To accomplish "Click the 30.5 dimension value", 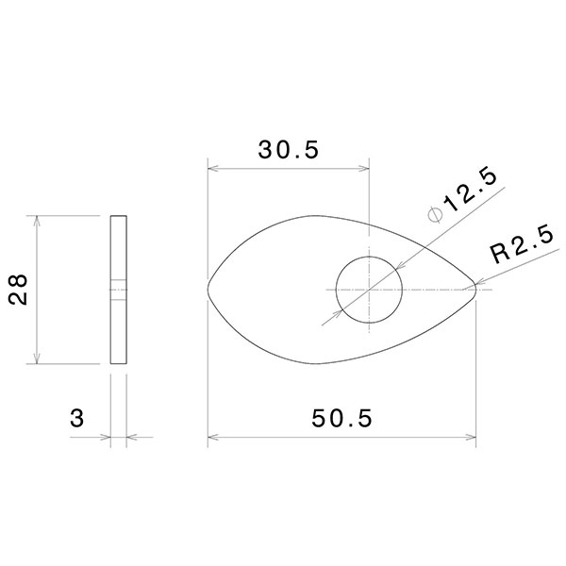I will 289,149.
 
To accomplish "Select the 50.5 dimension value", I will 341,416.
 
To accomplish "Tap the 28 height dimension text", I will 18,291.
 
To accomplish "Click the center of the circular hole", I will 369,289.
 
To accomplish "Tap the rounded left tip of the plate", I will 209,289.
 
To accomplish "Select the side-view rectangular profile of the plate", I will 118,290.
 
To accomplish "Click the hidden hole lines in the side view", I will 118,290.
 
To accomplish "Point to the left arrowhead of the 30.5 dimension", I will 212,170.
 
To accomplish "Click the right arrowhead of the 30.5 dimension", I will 364,170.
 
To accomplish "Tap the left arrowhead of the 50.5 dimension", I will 212,438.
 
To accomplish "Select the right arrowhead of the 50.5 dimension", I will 473,438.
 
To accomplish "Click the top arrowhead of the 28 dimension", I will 37,221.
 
